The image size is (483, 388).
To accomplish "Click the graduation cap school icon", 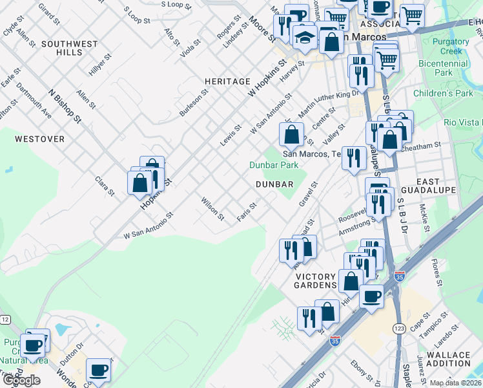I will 303,38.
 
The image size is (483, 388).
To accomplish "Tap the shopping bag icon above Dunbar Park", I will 291,135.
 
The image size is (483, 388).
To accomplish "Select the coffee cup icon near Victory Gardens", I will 371,297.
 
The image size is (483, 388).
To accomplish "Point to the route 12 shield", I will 5,319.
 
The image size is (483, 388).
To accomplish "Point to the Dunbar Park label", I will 274,165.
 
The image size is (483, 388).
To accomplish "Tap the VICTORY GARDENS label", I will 316,281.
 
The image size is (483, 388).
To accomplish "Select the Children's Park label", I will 443,94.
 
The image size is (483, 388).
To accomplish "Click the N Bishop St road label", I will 65,106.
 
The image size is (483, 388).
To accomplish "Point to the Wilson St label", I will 212,208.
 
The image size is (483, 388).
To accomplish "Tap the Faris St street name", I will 247,211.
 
